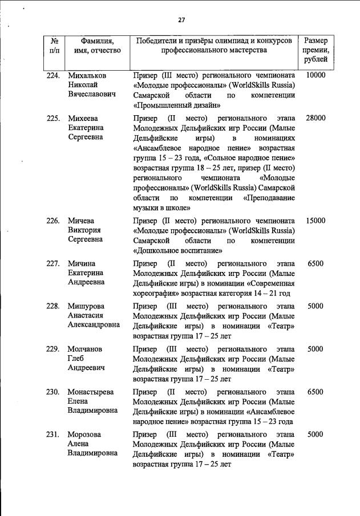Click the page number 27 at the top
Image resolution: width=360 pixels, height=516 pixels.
[181, 20]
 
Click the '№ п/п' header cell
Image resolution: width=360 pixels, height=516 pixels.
[55, 46]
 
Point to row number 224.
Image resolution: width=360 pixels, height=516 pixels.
[54, 75]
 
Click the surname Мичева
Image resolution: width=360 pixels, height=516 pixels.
[81, 221]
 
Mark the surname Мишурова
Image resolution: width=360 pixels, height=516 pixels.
[86, 306]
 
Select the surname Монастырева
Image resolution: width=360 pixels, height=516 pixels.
[90, 392]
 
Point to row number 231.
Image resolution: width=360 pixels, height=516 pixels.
[54, 434]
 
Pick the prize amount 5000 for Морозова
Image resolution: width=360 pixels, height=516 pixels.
[315, 434]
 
